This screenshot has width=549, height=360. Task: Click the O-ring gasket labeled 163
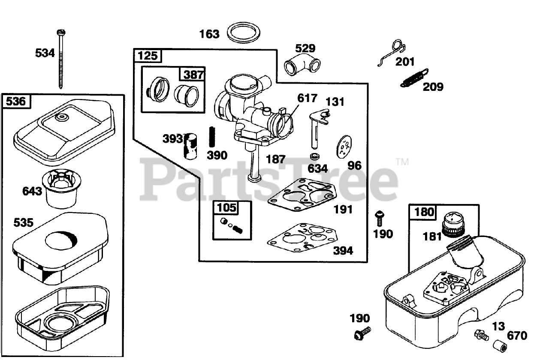click(x=243, y=33)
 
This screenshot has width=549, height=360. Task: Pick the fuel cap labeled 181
click(x=452, y=224)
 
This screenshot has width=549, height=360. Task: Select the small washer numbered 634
click(x=315, y=155)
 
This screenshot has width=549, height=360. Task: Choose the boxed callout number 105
click(x=226, y=208)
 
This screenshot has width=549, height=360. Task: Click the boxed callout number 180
click(x=424, y=212)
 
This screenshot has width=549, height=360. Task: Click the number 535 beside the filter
click(x=23, y=223)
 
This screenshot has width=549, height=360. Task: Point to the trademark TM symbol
click(x=402, y=162)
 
